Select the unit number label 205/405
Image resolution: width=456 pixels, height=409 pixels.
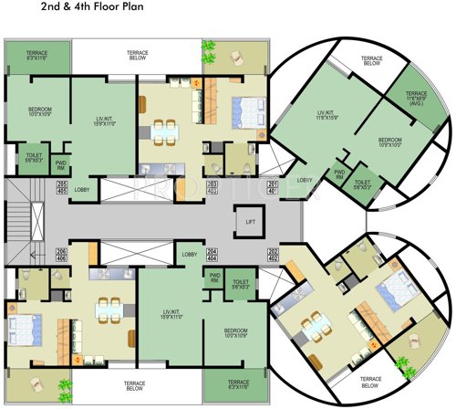62,188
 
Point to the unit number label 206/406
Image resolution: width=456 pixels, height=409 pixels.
62,255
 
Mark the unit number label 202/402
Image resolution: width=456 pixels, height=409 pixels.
273,256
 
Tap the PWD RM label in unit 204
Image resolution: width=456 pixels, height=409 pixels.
215,278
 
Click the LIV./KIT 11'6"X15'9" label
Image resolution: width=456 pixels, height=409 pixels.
326,115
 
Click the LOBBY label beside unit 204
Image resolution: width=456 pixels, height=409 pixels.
190,255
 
